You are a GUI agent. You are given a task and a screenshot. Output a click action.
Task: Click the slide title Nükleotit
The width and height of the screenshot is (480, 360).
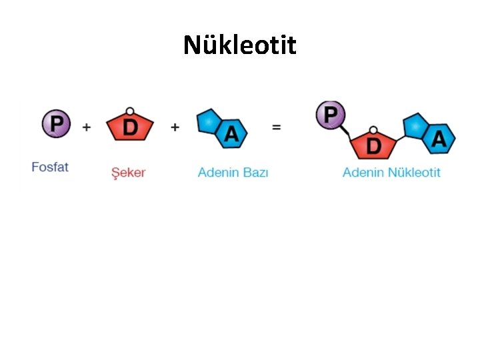(240, 45)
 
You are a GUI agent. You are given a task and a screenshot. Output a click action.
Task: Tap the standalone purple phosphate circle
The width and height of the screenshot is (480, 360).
(57, 124)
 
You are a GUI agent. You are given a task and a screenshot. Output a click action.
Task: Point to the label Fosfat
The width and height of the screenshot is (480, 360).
(50, 167)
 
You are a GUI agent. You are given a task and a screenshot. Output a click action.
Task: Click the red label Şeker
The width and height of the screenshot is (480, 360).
(128, 172)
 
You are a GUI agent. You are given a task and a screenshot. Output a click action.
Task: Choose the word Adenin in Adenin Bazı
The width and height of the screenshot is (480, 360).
(219, 172)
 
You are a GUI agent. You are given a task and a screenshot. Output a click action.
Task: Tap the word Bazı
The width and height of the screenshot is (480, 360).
(255, 172)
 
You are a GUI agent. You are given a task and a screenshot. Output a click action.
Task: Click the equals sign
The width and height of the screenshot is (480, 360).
(276, 127)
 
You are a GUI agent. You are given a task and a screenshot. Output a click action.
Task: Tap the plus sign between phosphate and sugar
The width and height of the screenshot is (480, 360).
(87, 127)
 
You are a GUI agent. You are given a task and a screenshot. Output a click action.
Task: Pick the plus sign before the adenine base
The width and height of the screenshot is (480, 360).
(175, 127)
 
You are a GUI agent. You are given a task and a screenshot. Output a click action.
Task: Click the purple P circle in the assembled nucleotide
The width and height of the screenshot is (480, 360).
(331, 115)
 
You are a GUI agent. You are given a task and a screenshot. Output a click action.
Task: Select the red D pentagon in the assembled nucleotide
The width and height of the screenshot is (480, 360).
(374, 143)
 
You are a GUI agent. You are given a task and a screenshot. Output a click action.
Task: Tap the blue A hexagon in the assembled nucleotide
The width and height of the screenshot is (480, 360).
(439, 138)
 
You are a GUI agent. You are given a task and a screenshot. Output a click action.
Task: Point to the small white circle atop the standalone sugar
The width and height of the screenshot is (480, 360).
(130, 111)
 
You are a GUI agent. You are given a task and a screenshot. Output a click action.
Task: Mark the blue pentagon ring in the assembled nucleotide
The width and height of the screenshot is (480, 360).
(416, 125)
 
